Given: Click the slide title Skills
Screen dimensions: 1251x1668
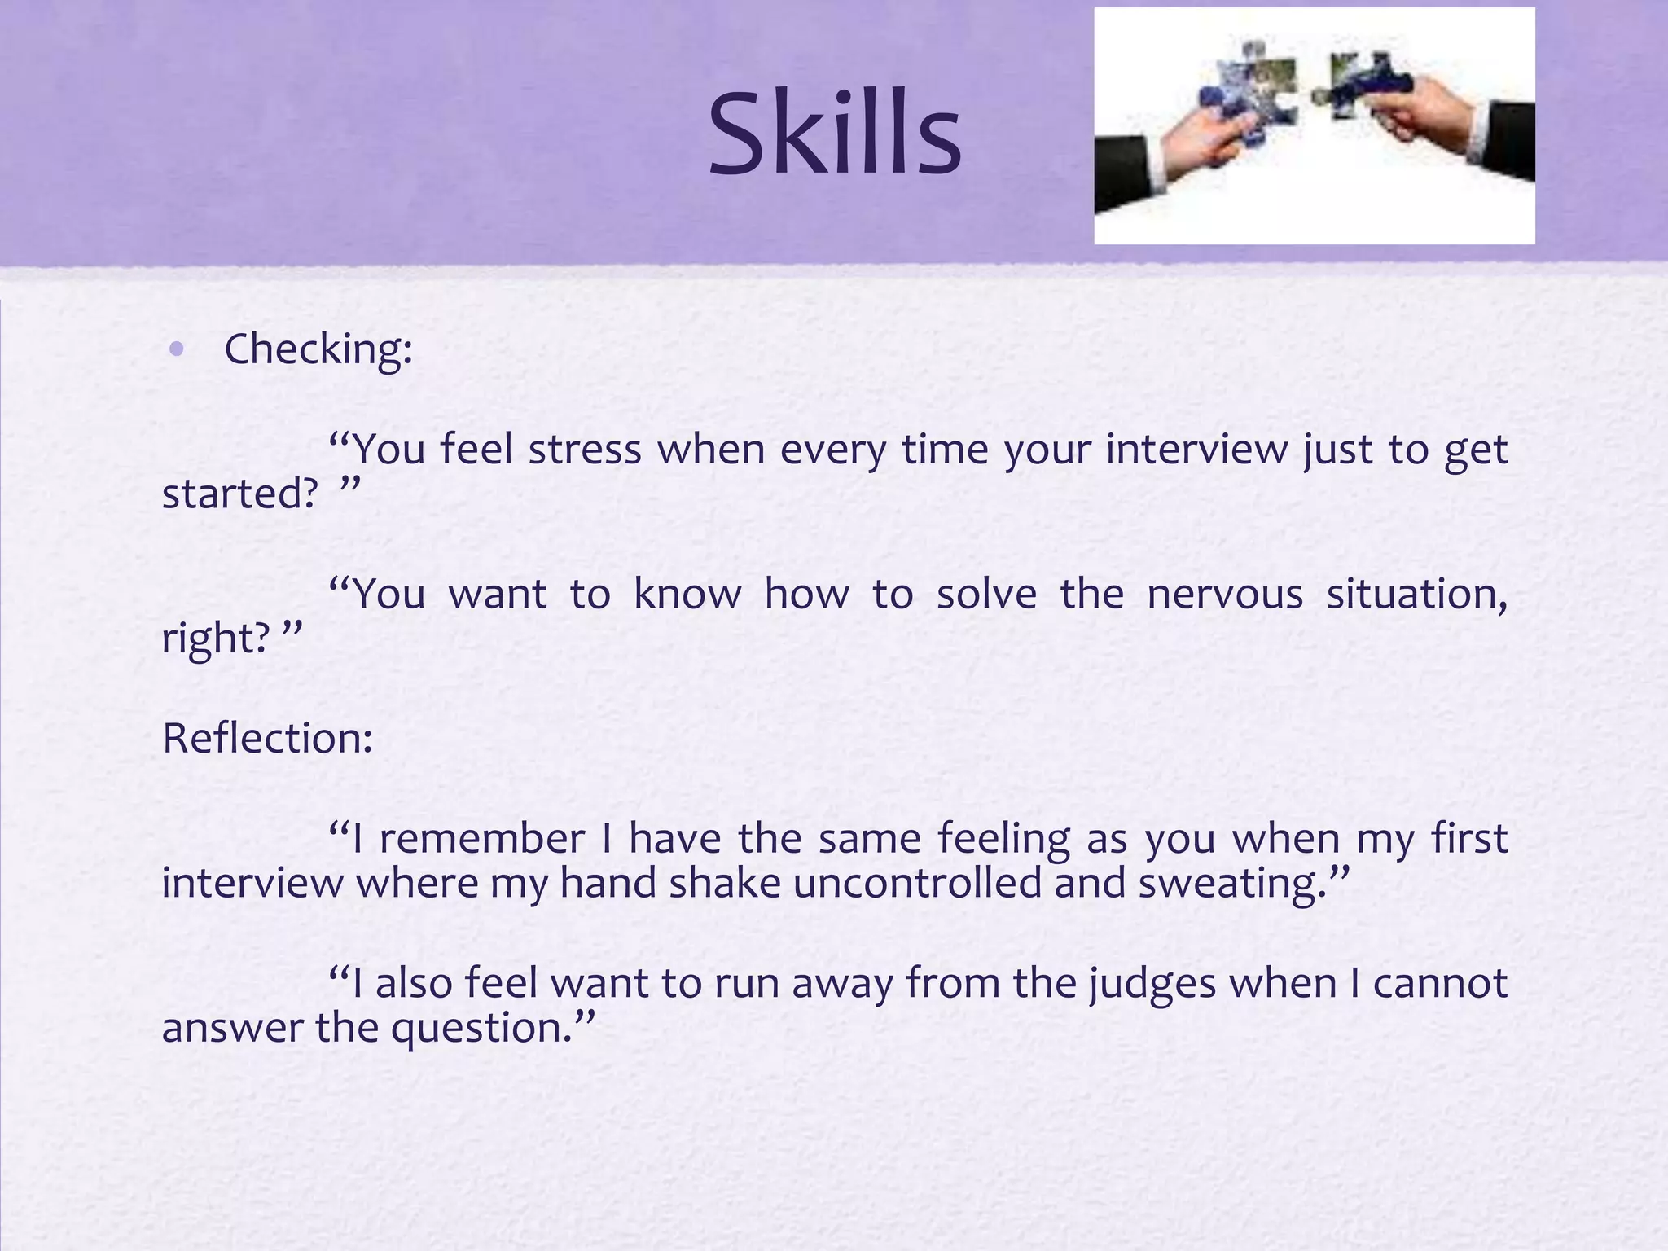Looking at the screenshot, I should (x=835, y=134).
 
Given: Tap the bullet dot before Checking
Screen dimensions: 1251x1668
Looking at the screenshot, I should (x=177, y=350).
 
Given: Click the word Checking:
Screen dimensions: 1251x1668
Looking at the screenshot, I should (x=318, y=350).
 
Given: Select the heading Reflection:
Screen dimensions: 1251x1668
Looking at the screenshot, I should (x=267, y=739).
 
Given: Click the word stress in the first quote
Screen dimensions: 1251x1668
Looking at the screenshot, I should (x=585, y=450).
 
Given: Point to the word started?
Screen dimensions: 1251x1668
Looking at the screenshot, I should (x=239, y=494).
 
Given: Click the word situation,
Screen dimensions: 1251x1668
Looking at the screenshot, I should (x=1416, y=594).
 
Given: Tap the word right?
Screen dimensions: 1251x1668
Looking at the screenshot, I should (x=214, y=638).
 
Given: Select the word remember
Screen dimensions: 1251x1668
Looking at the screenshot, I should (x=481, y=839).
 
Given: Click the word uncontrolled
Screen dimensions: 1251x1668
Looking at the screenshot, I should (x=917, y=884).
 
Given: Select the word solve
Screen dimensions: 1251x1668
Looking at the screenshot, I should (x=986, y=594).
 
